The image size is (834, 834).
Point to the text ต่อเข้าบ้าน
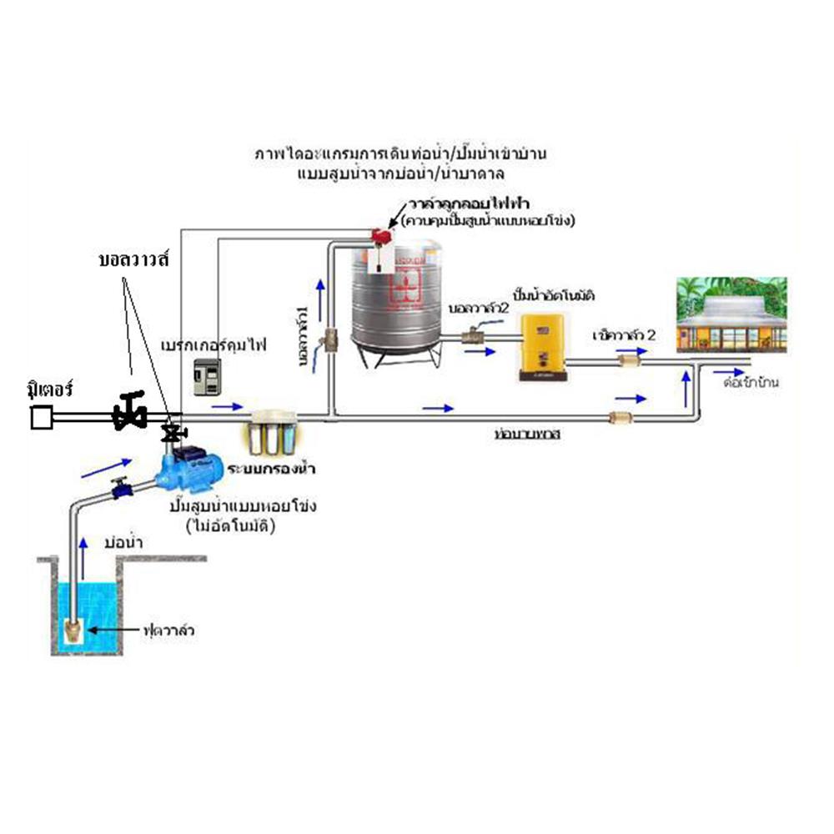point(751,384)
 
